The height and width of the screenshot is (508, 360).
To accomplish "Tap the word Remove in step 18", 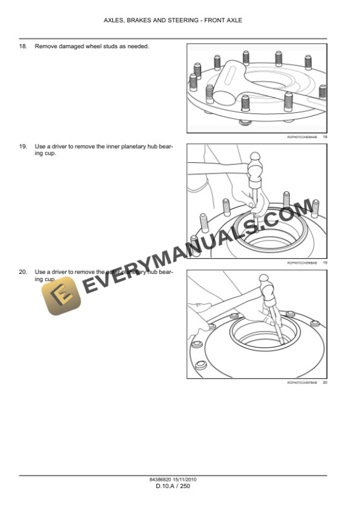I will tap(46, 46).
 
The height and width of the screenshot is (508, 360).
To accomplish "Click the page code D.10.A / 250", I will tap(173, 486).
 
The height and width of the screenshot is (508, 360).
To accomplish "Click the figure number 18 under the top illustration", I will tap(325, 136).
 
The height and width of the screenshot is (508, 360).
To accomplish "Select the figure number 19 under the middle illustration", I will tap(325, 262).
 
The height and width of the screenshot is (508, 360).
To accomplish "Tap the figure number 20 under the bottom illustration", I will tap(325, 383).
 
